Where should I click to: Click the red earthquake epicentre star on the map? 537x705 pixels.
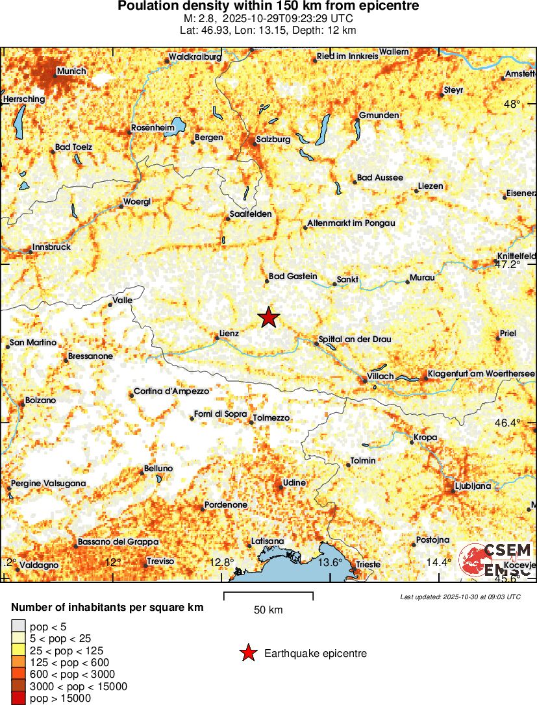tap(268, 317)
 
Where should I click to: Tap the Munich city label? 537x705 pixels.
tap(71, 71)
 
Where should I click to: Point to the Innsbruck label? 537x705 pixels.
tap(51, 247)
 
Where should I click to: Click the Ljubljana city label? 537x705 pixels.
tap(473, 486)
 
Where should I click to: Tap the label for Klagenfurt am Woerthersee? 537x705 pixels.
tap(481, 374)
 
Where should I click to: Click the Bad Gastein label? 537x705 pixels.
tap(293, 277)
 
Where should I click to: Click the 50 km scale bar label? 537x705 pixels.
tap(268, 610)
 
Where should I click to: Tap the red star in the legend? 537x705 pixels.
tap(247, 653)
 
